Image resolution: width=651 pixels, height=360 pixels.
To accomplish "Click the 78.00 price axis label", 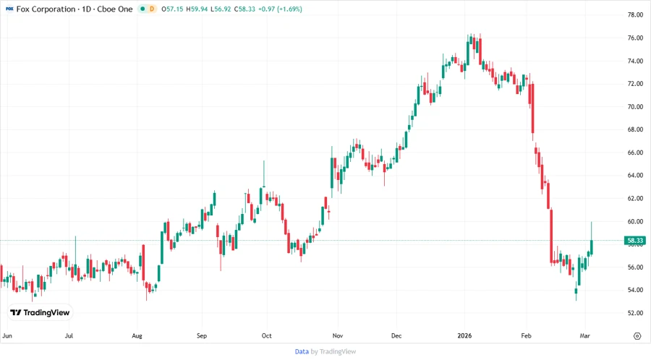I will tap(635, 14).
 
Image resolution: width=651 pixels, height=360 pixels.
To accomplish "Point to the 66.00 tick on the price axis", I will tap(635, 153).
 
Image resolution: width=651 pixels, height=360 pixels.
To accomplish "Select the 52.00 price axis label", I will tap(635, 313).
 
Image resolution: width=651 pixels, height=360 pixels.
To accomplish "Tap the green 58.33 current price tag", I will tap(635, 240).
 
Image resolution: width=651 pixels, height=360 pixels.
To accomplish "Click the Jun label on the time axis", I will tap(7, 336).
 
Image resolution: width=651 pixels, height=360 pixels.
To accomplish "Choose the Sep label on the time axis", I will tap(202, 336).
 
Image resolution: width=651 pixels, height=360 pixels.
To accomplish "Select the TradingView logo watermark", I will tap(40, 312).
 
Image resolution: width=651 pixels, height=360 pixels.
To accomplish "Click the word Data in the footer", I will tap(302, 351).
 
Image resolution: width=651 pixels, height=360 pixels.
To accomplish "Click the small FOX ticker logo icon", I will tap(9, 9).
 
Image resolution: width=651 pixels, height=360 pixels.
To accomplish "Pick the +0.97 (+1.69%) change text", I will tap(283, 9).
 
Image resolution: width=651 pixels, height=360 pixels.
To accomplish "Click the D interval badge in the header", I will tap(152, 9).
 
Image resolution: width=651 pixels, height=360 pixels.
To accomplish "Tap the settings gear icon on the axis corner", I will tap(637, 336).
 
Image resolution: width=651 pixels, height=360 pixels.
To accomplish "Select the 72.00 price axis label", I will tap(635, 84).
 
